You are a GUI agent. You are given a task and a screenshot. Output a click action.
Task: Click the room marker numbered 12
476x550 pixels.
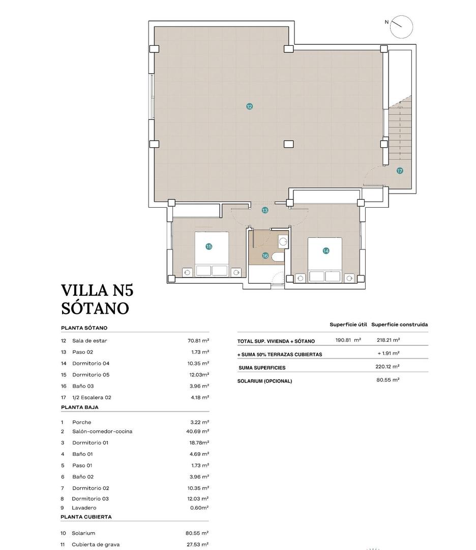[x=249, y=106]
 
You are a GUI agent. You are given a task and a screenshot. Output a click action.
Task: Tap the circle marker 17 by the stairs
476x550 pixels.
[x=400, y=171]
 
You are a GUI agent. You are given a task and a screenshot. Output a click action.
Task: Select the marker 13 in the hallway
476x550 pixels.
[x=265, y=210]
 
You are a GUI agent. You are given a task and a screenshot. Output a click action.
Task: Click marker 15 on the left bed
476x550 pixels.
[x=209, y=246]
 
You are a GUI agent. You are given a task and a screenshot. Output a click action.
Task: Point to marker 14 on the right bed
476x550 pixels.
[x=325, y=251]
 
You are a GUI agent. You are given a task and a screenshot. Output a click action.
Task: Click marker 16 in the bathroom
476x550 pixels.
[x=265, y=256]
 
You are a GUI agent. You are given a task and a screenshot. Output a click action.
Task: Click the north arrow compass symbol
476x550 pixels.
[x=401, y=26]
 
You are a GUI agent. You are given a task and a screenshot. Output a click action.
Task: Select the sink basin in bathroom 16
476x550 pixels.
[x=283, y=241]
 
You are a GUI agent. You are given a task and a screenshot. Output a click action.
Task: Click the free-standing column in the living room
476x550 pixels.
[x=288, y=144]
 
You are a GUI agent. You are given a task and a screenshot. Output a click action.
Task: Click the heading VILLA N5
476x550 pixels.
[x=97, y=290]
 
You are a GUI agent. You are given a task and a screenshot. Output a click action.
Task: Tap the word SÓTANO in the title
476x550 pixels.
[x=95, y=308]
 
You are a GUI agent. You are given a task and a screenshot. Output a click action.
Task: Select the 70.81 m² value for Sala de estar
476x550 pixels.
[x=198, y=341]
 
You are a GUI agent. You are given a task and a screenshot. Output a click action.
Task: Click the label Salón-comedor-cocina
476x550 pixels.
[x=102, y=431]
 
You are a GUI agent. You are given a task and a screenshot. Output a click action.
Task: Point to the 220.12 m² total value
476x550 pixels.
[x=388, y=367]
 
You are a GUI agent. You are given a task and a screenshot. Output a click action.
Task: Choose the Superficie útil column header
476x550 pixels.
[x=348, y=324]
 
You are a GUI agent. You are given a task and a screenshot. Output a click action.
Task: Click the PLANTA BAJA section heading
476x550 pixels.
[x=80, y=407]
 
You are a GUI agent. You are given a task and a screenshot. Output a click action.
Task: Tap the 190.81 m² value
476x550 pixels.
[x=348, y=340]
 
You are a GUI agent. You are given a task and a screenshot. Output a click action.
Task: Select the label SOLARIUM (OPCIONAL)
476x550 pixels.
[x=264, y=381]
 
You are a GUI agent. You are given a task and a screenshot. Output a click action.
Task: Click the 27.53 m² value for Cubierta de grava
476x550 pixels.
[x=197, y=544]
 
